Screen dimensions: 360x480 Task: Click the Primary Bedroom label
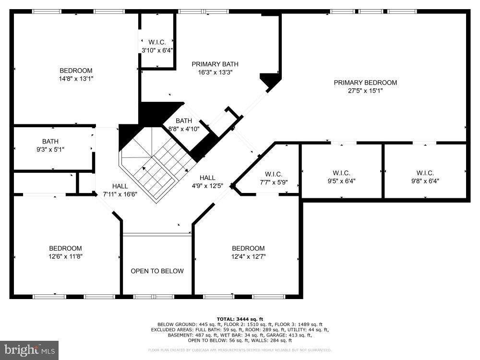tap(365, 83)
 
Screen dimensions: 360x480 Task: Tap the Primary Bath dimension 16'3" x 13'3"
tap(215, 72)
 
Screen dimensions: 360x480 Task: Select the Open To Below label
tap(157, 271)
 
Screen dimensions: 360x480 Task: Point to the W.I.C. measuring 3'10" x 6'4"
tap(157, 46)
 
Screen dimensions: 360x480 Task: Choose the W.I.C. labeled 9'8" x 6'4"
tap(425, 177)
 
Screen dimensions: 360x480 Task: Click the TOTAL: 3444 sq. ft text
tap(240, 319)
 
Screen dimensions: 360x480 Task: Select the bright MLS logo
tap(29, 349)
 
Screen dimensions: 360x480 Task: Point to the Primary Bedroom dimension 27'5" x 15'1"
tap(365, 90)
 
